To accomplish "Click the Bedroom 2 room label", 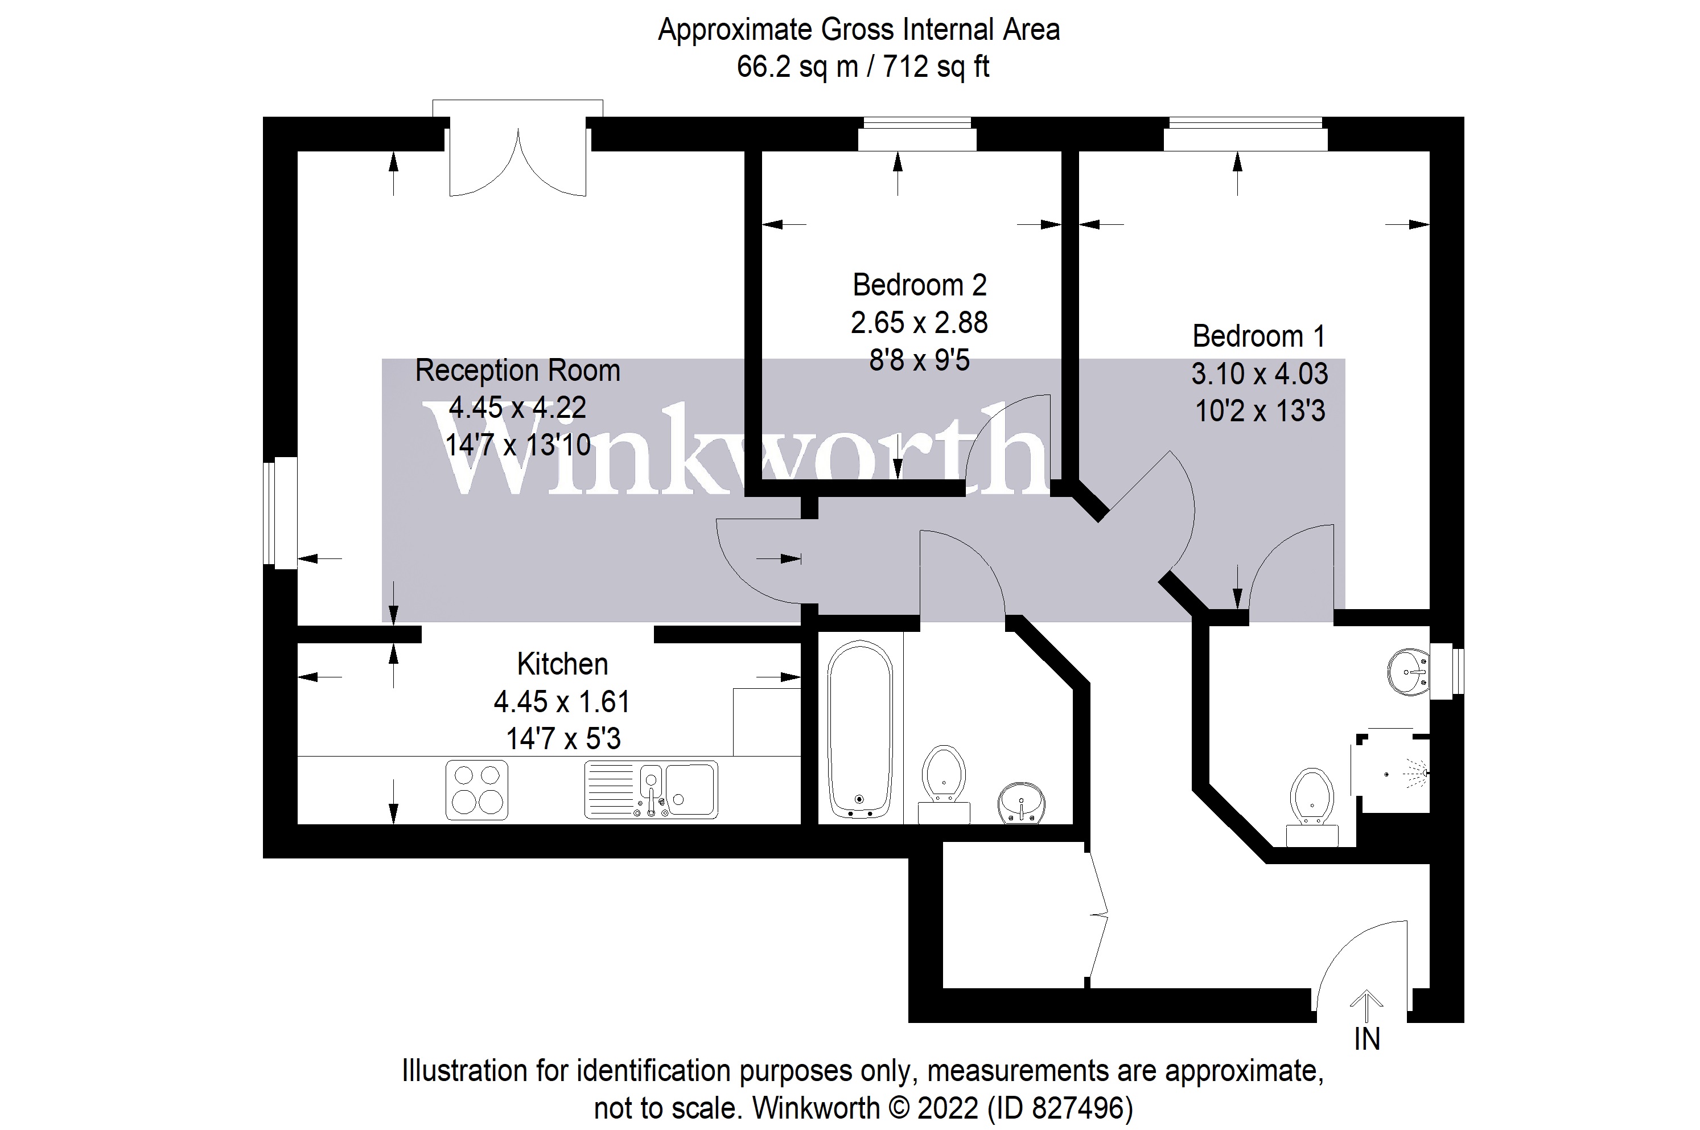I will pos(919,285).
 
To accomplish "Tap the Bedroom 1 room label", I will pos(1258,336).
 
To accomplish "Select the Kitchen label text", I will pos(562,664).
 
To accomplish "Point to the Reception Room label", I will pos(517,371).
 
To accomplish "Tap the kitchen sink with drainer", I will pos(651,790).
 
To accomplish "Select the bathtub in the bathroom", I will pos(860,729).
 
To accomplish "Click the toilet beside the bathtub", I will pos(944,783).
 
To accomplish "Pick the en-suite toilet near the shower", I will pos(1312,804).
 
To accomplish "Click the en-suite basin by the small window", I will pos(1408,672).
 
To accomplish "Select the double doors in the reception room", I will pos(518,162).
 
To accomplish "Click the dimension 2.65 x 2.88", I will pos(919,323).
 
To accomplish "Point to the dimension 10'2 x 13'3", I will pos(1260,412).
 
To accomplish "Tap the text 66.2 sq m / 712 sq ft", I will pos(862,67).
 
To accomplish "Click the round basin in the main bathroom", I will pos(1020,802).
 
